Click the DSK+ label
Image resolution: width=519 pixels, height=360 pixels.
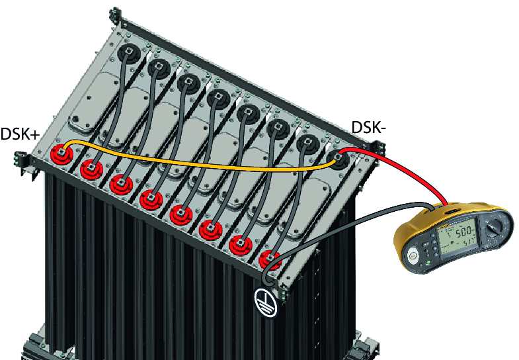click(20, 134)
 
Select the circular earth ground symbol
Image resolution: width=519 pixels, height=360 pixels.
click(266, 301)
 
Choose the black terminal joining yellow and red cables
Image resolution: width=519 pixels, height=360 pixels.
click(339, 157)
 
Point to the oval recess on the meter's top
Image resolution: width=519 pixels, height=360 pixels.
click(452, 211)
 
